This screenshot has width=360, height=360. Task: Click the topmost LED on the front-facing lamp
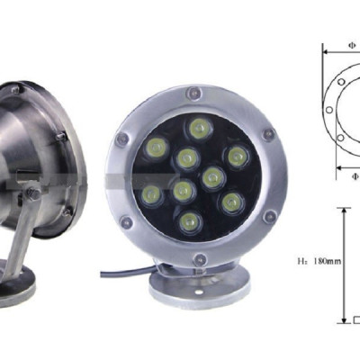tap(199, 127)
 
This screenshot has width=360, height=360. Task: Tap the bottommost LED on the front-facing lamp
tap(190, 220)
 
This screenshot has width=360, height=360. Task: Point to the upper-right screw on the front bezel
tap(267, 134)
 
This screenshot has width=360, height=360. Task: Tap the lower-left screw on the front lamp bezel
tap(127, 220)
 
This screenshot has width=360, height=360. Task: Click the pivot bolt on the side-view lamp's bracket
tap(31, 192)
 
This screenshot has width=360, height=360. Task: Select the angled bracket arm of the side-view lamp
tap(18, 225)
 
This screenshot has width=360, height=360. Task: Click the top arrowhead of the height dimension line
tap(343, 211)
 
